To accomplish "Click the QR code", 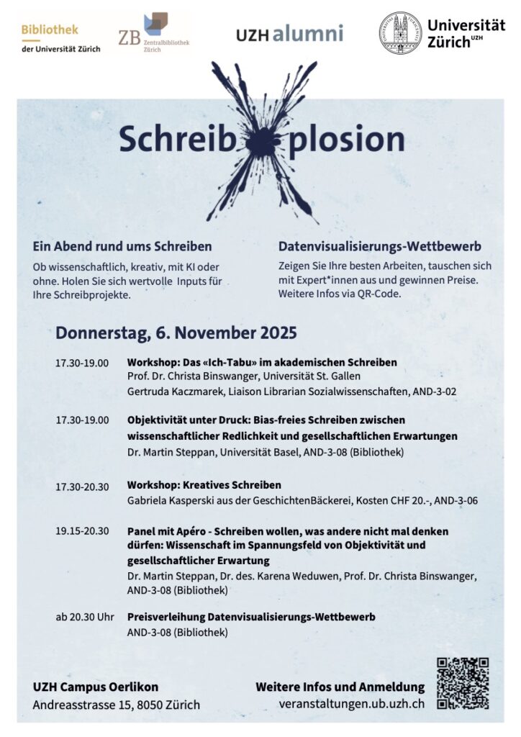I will tap(463, 684).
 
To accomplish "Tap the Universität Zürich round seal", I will tap(400, 33).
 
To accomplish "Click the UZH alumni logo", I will tap(289, 34).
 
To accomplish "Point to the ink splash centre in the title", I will tap(260, 142).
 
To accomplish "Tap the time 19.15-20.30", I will tap(82, 531).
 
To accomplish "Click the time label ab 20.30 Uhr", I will tap(85, 617).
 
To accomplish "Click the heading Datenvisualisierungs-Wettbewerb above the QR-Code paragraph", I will tap(379, 245).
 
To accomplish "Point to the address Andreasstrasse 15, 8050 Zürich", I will tap(117, 705).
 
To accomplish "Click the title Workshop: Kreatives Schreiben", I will tap(204, 484).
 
